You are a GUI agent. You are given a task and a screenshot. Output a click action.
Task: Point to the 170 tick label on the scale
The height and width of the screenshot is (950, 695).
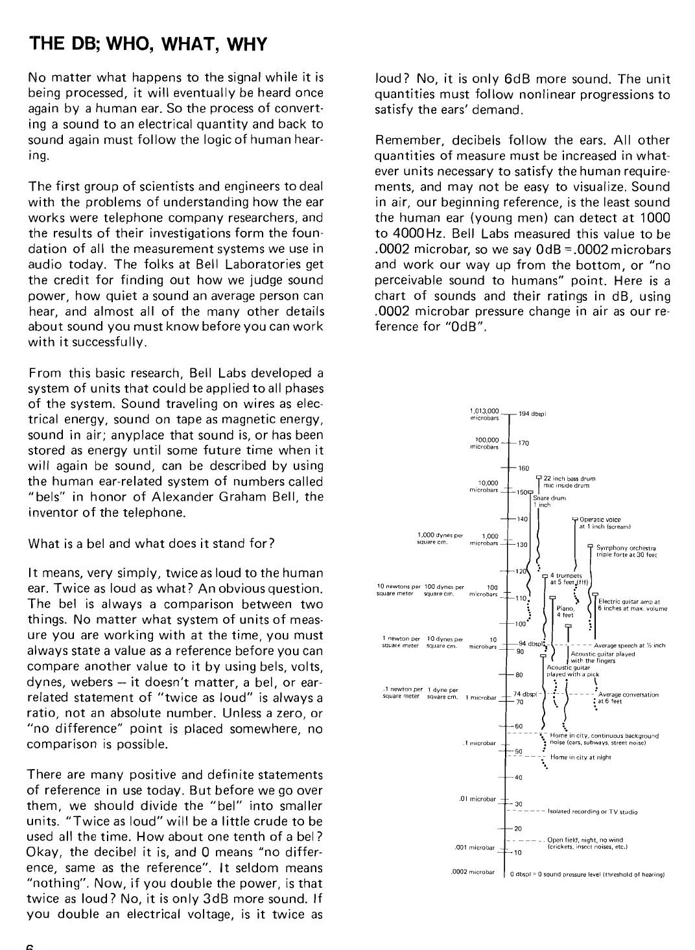point(524,444)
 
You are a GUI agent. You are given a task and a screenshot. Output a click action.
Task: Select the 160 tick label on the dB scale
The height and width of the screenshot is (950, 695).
point(524,468)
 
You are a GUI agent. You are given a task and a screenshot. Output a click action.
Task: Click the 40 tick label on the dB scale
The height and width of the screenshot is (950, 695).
point(519,778)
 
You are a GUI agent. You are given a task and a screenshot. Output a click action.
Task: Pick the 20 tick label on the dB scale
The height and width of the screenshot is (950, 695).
point(519,829)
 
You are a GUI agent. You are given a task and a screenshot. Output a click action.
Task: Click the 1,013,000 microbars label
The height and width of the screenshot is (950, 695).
point(484,414)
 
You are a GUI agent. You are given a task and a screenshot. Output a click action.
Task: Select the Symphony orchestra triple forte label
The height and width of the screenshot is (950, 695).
point(626,551)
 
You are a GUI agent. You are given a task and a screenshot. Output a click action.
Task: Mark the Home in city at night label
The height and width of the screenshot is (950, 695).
point(580,757)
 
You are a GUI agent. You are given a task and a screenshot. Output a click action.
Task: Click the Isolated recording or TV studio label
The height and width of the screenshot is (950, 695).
point(593,811)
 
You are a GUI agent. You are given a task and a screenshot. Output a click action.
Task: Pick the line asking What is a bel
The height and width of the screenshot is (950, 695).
point(150,543)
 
